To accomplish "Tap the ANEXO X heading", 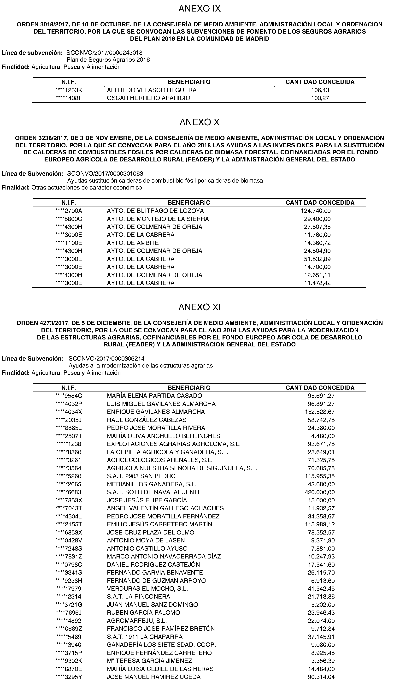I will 200,122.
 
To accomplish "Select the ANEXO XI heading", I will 200,307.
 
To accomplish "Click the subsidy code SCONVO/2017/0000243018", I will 104,53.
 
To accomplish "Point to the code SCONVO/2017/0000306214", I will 106,358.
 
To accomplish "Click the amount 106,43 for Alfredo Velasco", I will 320,90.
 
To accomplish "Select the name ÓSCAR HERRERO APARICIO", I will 148,98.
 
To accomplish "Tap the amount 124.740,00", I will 316,211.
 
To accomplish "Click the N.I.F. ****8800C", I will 69,219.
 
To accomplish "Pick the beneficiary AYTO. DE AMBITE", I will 133,243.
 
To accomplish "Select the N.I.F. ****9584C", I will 69,396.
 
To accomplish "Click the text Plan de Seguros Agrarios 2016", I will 108,59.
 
